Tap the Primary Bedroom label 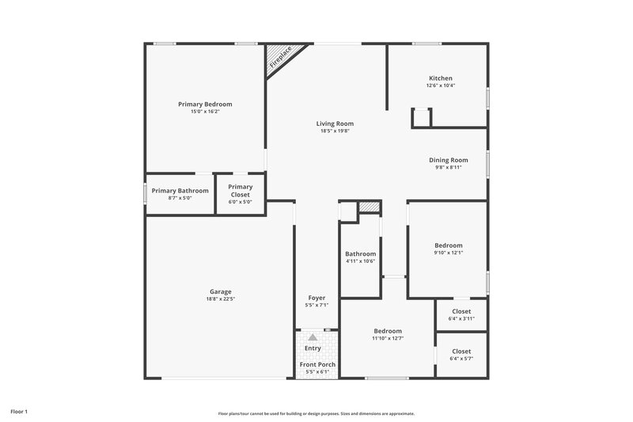point(205,105)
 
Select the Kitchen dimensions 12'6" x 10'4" point(441,86)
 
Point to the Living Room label point(335,124)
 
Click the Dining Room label point(449,160)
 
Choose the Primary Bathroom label point(180,191)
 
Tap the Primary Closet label point(241,191)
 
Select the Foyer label point(316,298)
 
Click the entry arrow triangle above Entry point(313,337)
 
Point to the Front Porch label point(317,364)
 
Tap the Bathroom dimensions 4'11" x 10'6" point(360,261)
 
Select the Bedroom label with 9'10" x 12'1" point(449,245)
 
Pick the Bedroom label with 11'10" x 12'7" point(388,331)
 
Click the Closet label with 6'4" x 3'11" point(461,311)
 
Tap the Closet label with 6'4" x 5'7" point(461,351)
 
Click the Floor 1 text point(19,412)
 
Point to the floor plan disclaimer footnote point(316,413)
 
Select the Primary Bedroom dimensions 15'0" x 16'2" point(205,112)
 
